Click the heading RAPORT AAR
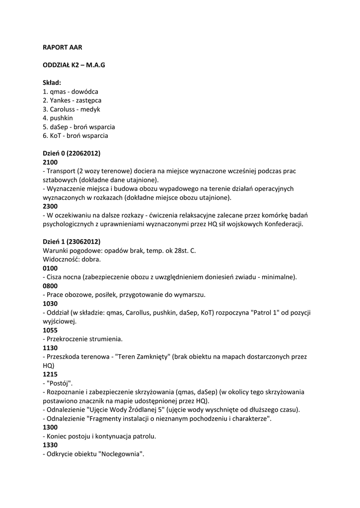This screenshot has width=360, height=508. pos(63,47)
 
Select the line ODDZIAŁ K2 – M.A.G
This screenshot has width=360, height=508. pos(74,65)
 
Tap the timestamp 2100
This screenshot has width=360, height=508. pos(50,162)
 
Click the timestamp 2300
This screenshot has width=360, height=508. pos(50,206)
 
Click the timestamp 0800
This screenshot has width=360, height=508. pos(50,286)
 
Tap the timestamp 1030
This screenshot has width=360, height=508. pos(50,304)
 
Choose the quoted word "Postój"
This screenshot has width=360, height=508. pos(60,383)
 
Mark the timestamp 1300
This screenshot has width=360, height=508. pos(50,428)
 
